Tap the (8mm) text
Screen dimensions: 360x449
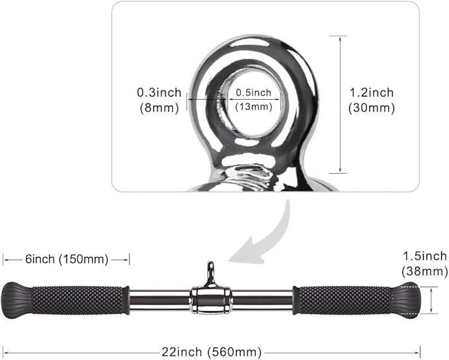(158, 108)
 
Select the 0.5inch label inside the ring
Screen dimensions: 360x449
(253, 92)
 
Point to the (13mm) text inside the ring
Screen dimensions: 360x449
(253, 106)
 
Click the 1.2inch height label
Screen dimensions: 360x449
(370, 92)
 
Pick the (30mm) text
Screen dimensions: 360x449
(370, 108)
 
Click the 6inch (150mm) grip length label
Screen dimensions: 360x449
(65, 259)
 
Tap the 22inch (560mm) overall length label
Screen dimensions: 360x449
(211, 351)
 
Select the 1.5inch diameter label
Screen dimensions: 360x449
(423, 256)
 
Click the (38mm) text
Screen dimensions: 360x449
(423, 271)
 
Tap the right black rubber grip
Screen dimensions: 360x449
(343, 299)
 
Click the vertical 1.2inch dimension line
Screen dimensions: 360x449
(339, 103)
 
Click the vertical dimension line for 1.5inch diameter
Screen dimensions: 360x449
(430, 299)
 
